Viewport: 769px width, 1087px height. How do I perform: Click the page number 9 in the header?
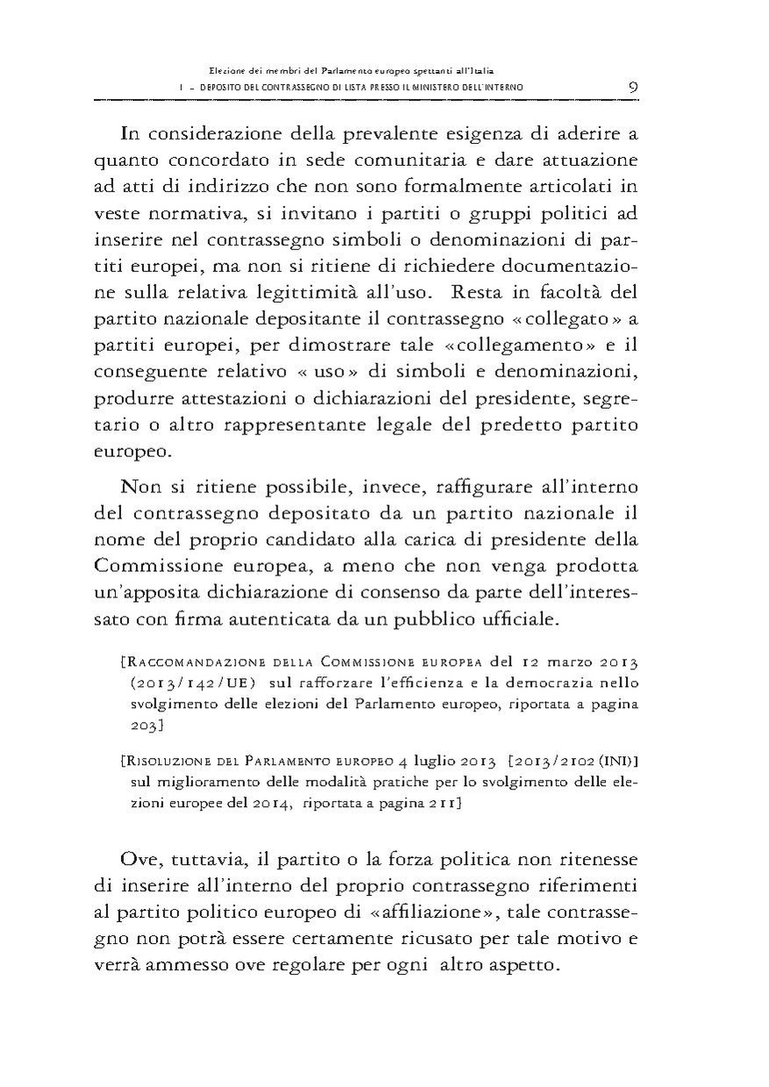pos(633,86)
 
